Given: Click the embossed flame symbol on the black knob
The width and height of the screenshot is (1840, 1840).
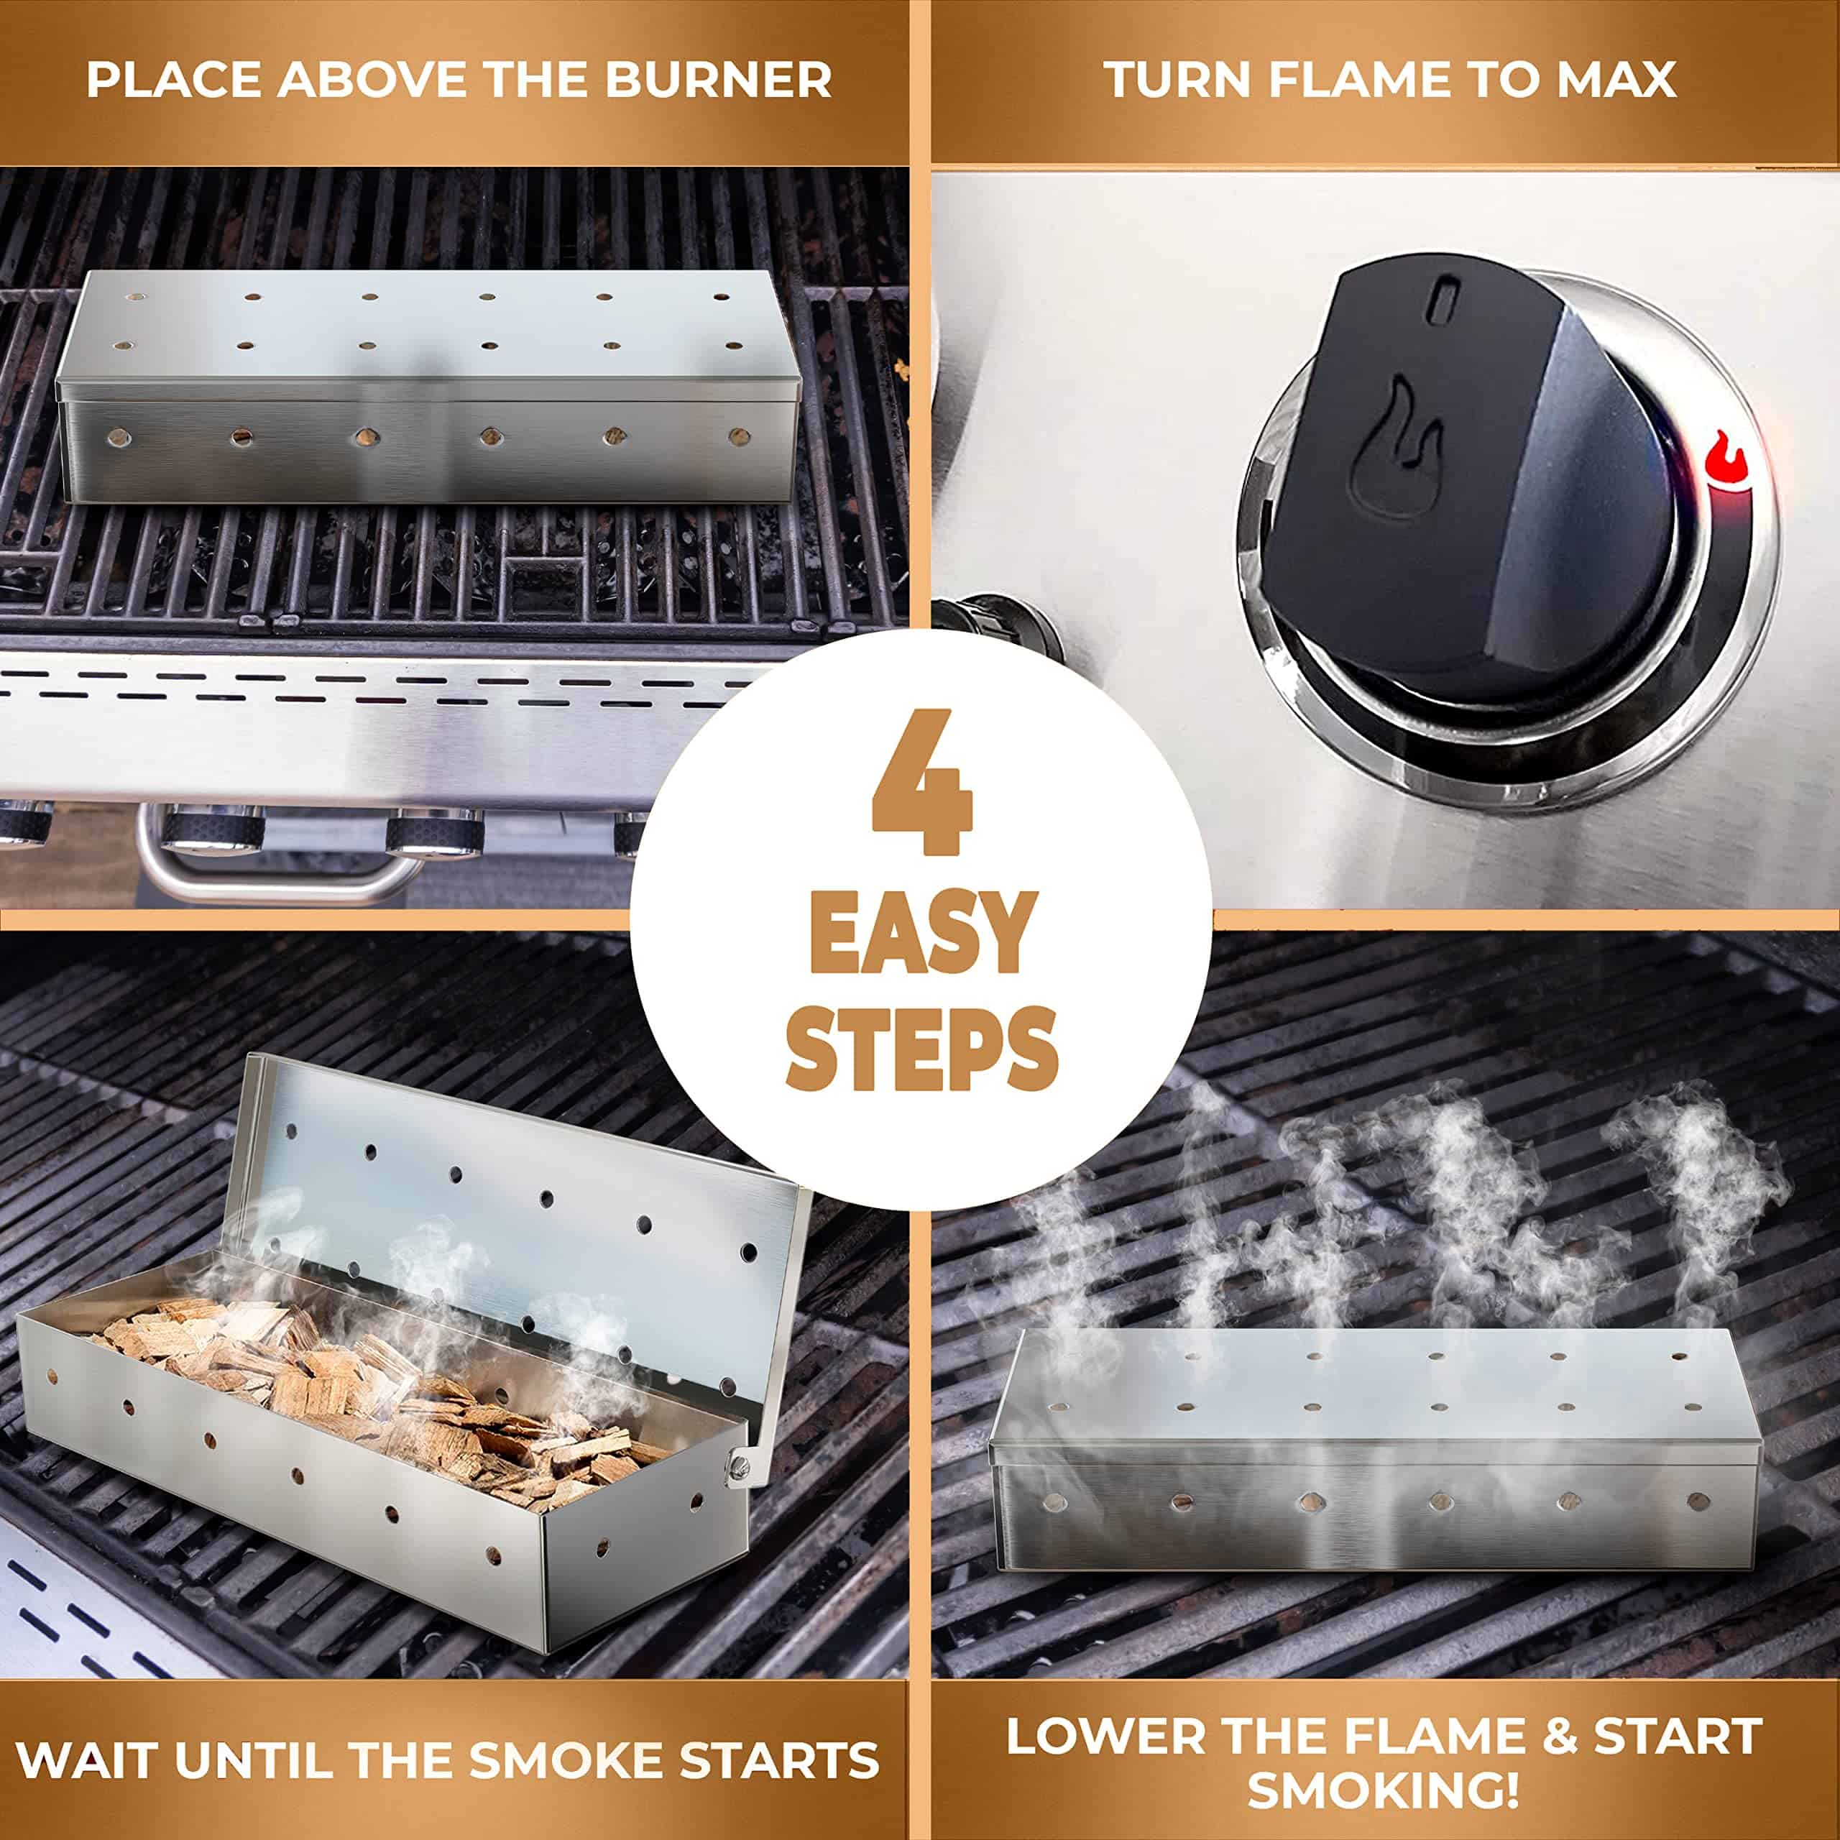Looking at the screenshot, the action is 1394,446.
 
